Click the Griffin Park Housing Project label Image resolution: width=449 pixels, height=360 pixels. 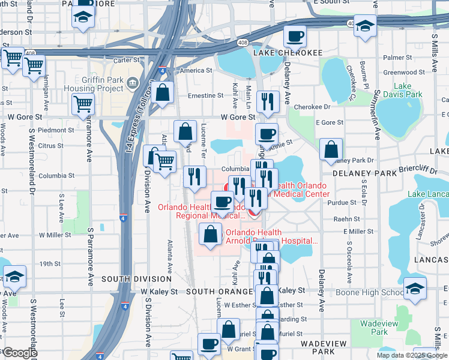pos(93,85)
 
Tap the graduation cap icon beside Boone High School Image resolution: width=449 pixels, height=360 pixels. pos(415,288)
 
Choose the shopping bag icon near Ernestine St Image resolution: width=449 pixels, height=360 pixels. pos(162,93)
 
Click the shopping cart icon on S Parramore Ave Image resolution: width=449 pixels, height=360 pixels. pos(83,103)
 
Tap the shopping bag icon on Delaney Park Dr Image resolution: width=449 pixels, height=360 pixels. pos(331,149)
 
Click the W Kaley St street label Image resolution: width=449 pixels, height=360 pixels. pos(160,291)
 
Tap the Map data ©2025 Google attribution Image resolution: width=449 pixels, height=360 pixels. pos(411,355)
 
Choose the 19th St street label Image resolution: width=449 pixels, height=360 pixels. pos(49,263)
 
